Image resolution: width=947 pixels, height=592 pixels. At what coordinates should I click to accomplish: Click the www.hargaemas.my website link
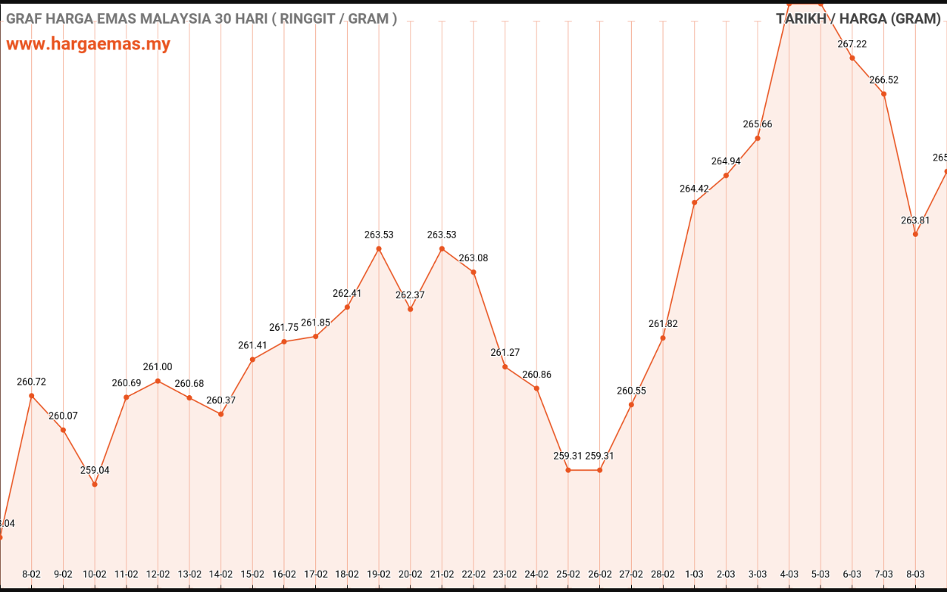(x=88, y=44)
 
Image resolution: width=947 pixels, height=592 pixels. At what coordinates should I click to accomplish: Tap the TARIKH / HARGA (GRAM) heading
(x=858, y=18)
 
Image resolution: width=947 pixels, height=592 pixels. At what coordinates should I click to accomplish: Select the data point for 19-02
(x=379, y=249)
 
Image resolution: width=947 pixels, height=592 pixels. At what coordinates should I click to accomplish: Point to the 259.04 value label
(x=95, y=470)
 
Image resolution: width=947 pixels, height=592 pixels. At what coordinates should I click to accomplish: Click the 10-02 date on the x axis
(x=95, y=573)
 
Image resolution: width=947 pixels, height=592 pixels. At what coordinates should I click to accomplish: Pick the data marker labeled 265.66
(x=758, y=138)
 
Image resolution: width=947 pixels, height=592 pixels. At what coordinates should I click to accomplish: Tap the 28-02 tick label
(x=663, y=573)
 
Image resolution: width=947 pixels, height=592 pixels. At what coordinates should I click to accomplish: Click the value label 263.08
(x=473, y=258)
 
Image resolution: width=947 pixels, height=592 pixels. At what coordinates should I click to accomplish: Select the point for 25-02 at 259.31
(x=568, y=470)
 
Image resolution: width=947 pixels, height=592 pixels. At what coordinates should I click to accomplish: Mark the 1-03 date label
(x=694, y=573)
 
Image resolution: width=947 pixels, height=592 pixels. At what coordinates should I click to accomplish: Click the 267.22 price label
(x=852, y=44)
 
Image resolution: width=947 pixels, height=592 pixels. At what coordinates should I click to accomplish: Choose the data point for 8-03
(x=915, y=234)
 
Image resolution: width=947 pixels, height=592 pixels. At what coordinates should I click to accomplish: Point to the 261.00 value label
(x=158, y=367)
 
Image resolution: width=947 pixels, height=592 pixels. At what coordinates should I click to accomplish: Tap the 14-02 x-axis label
(x=221, y=573)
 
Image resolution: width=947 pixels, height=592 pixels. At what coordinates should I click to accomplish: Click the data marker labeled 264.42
(x=694, y=202)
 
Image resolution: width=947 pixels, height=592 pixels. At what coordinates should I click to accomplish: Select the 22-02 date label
(x=473, y=573)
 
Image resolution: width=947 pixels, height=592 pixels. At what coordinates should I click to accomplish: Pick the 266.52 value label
(x=884, y=80)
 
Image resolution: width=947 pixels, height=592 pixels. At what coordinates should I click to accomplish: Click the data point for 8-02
(x=31, y=396)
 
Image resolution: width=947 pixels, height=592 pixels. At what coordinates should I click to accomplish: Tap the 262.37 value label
(x=411, y=295)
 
